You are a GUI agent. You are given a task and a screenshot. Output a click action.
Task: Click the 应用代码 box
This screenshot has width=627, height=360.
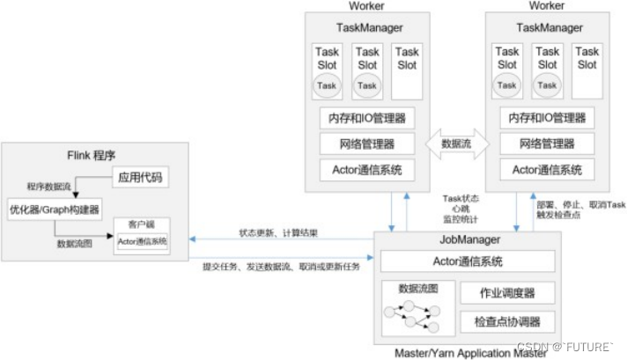[142, 179]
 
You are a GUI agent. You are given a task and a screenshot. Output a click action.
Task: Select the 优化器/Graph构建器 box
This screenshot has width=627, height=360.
[55, 209]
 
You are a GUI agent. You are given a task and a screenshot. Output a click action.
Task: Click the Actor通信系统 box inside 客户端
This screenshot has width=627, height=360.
[142, 241]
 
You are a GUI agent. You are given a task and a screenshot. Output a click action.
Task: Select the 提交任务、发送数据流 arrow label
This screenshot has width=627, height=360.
[283, 266]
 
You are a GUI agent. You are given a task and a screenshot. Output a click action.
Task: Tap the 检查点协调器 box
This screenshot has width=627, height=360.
[506, 322]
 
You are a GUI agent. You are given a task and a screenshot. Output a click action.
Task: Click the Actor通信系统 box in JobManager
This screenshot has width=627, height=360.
[468, 261]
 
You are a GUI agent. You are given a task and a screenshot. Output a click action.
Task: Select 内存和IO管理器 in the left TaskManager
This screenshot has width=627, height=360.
[367, 117]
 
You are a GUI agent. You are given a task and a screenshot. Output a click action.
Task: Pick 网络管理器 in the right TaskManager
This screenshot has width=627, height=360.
[547, 143]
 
